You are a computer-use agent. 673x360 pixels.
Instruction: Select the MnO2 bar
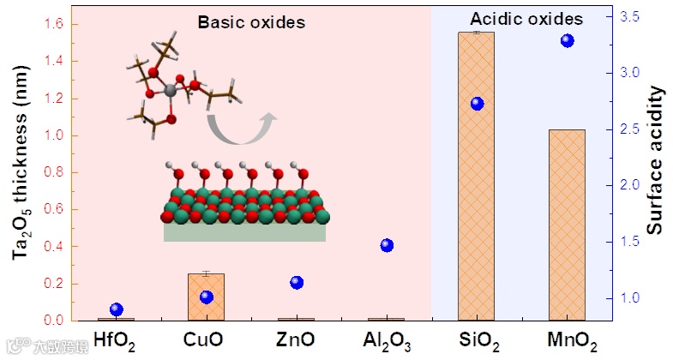(x=566, y=225)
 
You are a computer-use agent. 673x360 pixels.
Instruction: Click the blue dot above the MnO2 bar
(x=567, y=41)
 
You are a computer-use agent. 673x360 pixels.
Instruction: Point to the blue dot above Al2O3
(x=387, y=246)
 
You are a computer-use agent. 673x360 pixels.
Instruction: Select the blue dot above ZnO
(x=297, y=283)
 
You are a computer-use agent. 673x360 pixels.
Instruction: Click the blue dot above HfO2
(x=117, y=309)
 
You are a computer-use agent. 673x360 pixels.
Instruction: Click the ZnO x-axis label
(x=297, y=339)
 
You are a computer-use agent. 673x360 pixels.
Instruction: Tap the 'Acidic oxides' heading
(x=527, y=19)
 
